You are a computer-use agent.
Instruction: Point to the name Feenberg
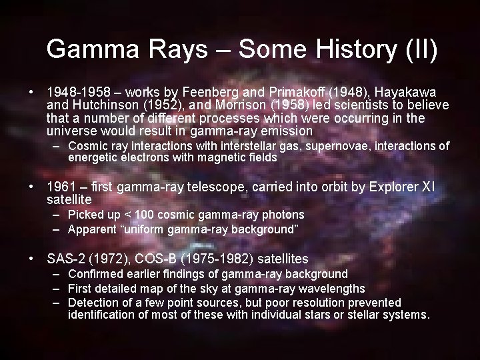(221, 91)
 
